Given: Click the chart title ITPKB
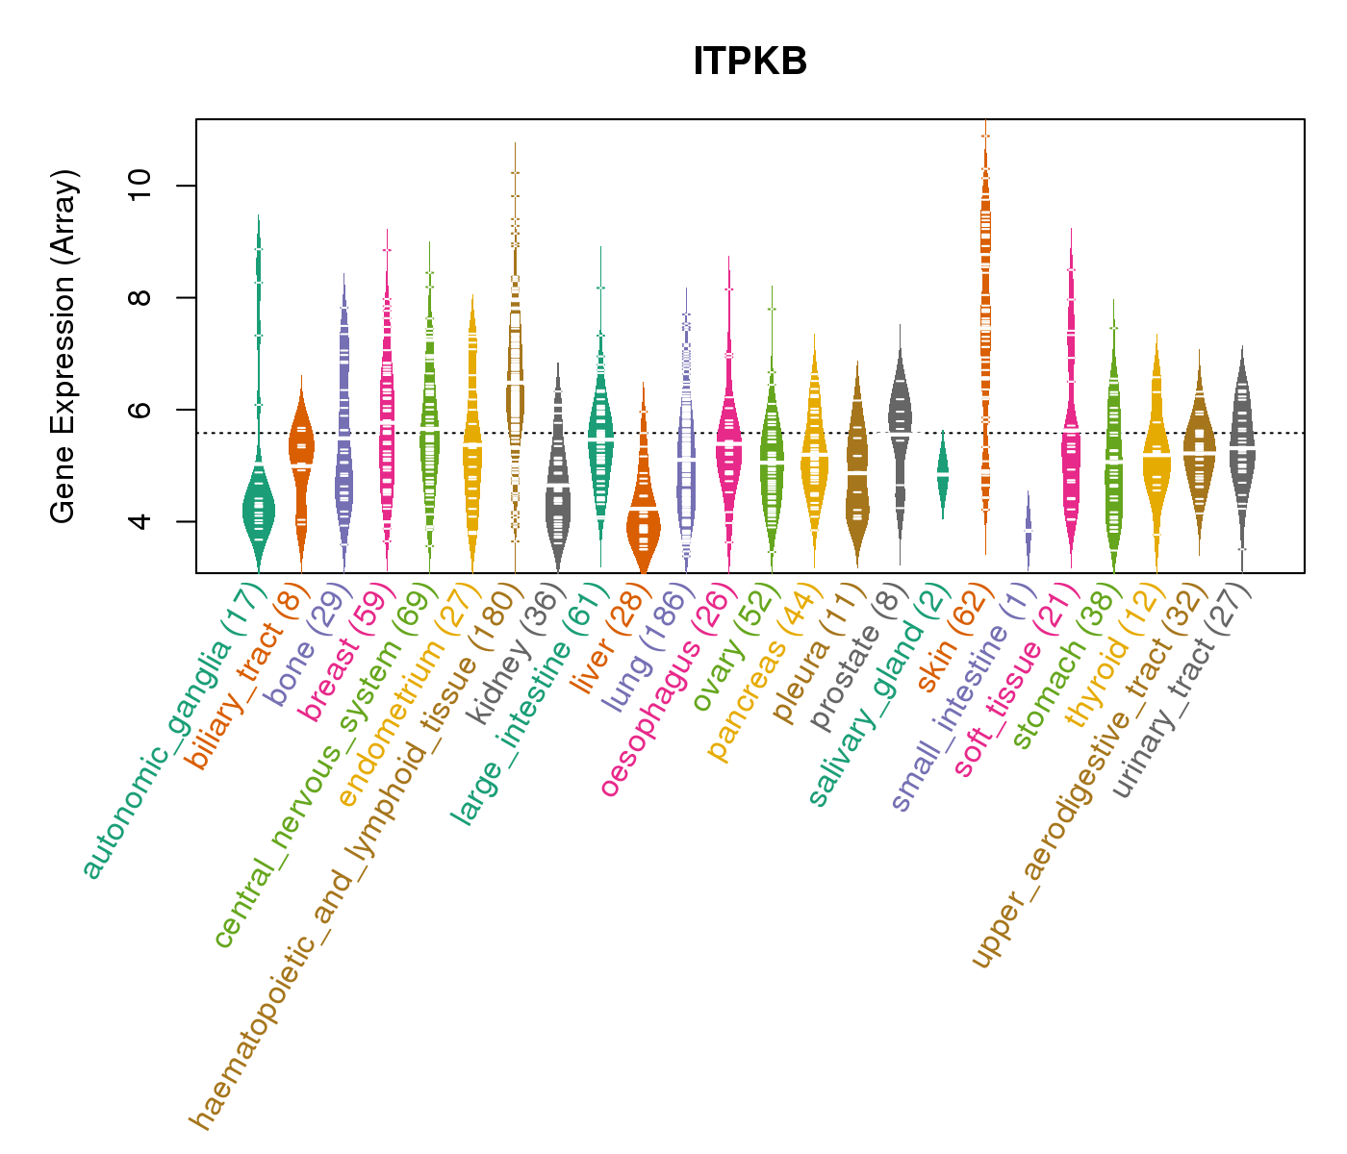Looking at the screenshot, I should (x=750, y=62).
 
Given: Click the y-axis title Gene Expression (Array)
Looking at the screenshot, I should (x=63, y=346).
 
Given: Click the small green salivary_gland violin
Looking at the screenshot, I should (x=943, y=473).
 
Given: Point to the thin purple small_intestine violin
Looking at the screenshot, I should (x=1028, y=529).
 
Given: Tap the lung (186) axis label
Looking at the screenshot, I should (x=645, y=650).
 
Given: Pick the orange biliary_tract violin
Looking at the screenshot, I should (x=302, y=462).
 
